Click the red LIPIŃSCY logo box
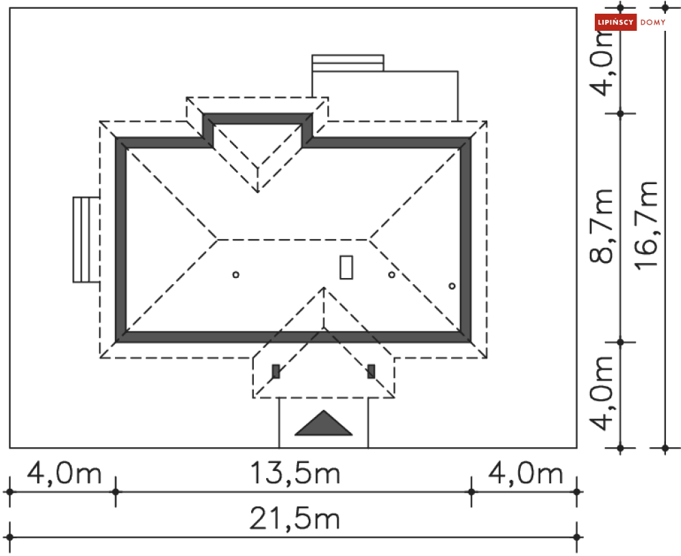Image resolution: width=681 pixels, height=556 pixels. pyautogui.click(x=615, y=22)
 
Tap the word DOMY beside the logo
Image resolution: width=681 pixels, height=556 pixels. pyautogui.click(x=653, y=23)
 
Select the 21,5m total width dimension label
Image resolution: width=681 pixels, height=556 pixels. pyautogui.click(x=294, y=519)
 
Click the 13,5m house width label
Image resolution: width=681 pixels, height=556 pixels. pyautogui.click(x=296, y=473)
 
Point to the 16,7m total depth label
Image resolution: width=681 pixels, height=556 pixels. pyautogui.click(x=646, y=225)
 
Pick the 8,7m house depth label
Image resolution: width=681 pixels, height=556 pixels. pyautogui.click(x=602, y=226)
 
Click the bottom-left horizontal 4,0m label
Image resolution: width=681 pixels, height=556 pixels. pyautogui.click(x=64, y=473)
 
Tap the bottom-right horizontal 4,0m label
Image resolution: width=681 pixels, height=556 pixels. pyautogui.click(x=526, y=473)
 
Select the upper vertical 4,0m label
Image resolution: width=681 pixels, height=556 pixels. pyautogui.click(x=602, y=62)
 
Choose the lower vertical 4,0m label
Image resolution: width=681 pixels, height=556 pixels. pyautogui.click(x=602, y=393)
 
